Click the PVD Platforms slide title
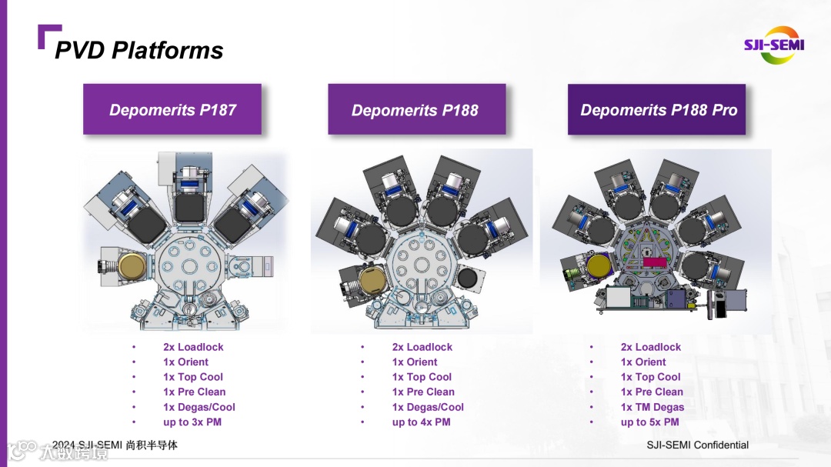[x=139, y=50]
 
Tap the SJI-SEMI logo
[x=773, y=45]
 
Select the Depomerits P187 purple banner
[x=172, y=109]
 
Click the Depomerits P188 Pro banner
[x=658, y=109]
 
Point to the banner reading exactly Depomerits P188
[x=415, y=109]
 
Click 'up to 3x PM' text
[x=192, y=422]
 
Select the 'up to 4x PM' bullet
[x=421, y=422]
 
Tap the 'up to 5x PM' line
[x=649, y=422]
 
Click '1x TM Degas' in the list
[x=652, y=407]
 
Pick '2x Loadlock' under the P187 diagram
[x=192, y=347]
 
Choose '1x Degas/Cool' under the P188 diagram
[x=428, y=407]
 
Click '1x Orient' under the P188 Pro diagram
[x=642, y=362]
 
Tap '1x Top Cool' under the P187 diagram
[x=192, y=377]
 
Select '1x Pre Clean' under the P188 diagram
[x=423, y=392]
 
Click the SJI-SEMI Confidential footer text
[x=697, y=445]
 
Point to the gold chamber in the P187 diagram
[x=132, y=267]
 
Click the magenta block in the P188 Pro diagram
[x=654, y=262]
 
